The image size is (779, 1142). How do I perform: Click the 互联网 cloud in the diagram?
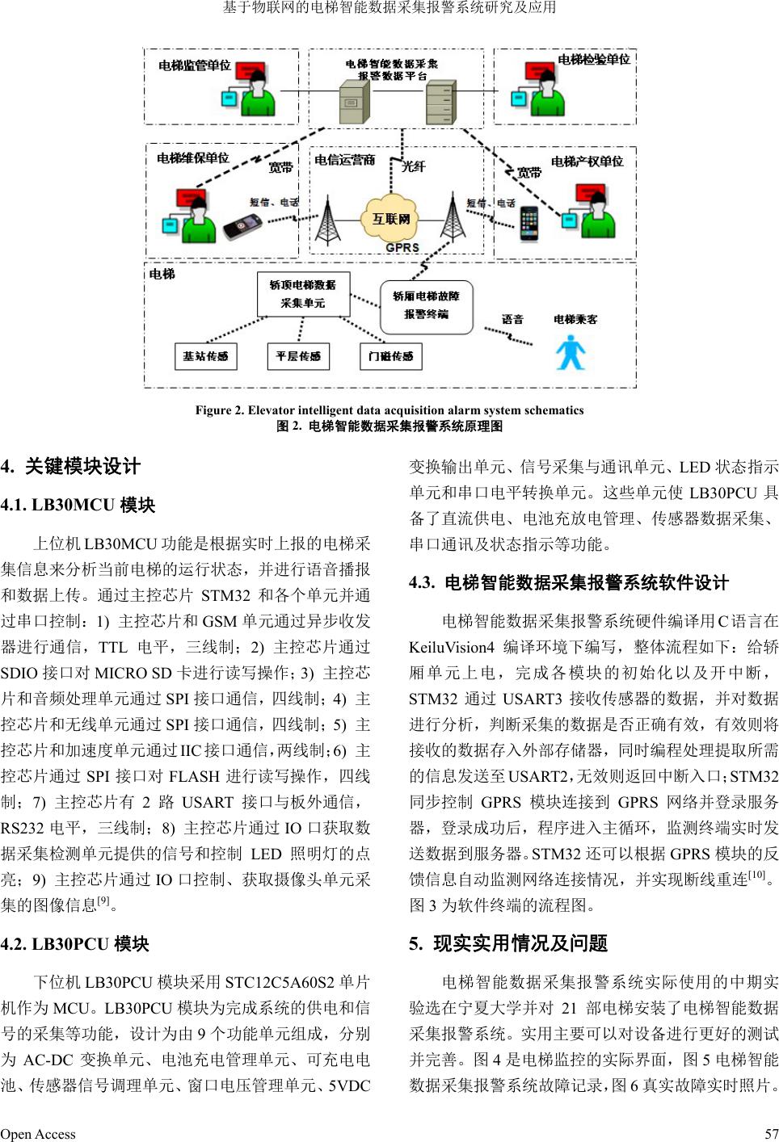coord(391,218)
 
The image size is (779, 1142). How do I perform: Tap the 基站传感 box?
coord(205,356)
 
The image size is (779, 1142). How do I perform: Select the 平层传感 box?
coord(298,356)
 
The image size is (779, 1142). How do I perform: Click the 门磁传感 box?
coord(391,356)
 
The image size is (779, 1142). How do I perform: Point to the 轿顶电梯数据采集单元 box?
coord(303,294)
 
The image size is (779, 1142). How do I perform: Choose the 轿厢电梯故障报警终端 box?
coord(426,305)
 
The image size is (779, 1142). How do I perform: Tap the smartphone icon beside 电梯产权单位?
coord(528,223)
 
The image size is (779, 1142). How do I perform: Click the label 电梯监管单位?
coord(195,65)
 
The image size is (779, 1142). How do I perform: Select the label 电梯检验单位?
coord(594,59)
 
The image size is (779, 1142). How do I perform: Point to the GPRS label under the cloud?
coord(402,247)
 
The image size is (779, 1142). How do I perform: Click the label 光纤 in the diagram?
coord(413,166)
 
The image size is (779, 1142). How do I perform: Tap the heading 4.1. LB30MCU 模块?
coord(78,506)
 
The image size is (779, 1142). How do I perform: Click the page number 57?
coord(771,1134)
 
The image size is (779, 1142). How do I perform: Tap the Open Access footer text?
coord(38,1134)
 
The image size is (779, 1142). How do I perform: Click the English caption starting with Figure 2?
coord(389,410)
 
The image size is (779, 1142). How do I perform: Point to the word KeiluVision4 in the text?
coord(452,647)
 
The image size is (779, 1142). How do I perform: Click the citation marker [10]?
coord(756,875)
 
